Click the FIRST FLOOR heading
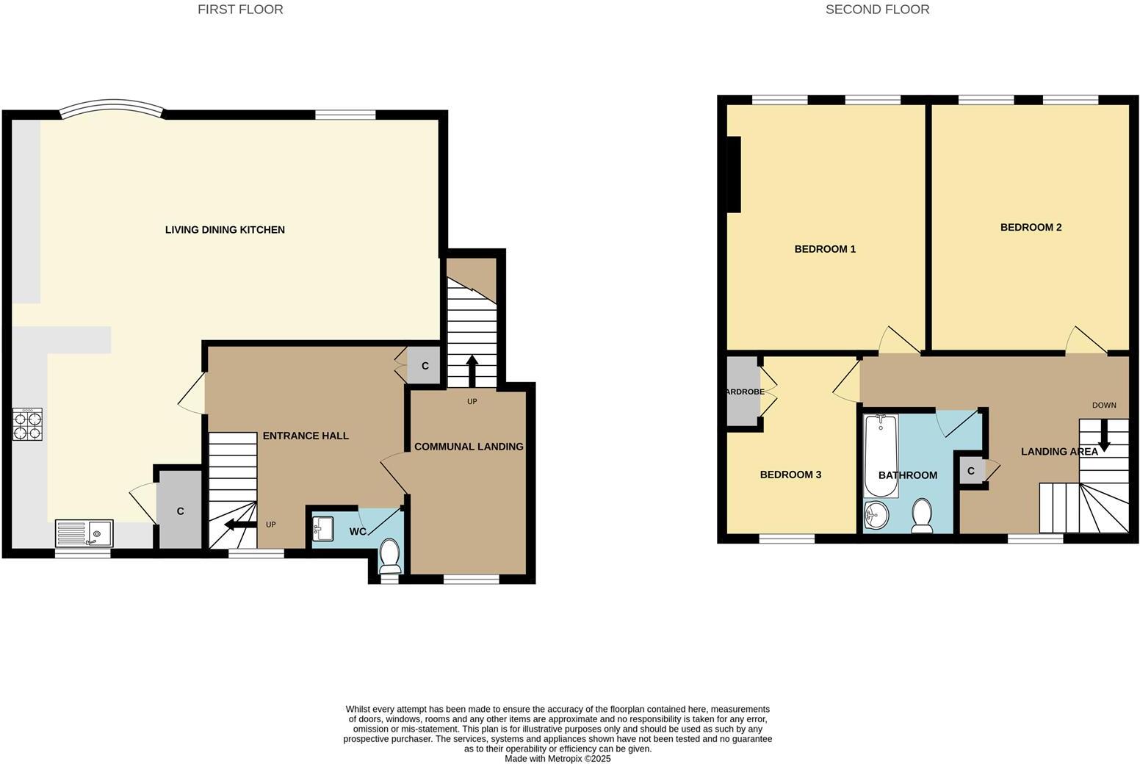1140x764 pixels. pos(240,10)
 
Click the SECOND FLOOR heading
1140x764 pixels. pos(877,10)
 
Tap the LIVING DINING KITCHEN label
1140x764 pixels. pos(225,230)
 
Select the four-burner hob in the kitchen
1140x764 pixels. pos(27,424)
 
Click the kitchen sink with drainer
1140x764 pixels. pos(84,533)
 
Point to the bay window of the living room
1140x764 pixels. pos(112,109)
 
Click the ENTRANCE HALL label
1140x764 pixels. pos(306,436)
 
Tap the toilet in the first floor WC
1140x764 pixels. pos(389,555)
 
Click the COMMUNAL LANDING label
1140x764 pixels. pos(469,447)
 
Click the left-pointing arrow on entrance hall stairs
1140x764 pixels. pos(239,525)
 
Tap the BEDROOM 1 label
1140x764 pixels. pos(825,249)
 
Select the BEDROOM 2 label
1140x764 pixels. pos(1031,228)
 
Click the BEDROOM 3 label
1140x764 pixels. pos(790,475)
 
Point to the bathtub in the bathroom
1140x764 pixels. pos(881,455)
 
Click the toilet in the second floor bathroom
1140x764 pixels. pos(922,515)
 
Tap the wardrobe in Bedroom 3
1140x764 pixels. pos(743,392)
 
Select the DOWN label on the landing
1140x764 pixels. pos(1103,406)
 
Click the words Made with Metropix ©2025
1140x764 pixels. pos(558,759)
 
